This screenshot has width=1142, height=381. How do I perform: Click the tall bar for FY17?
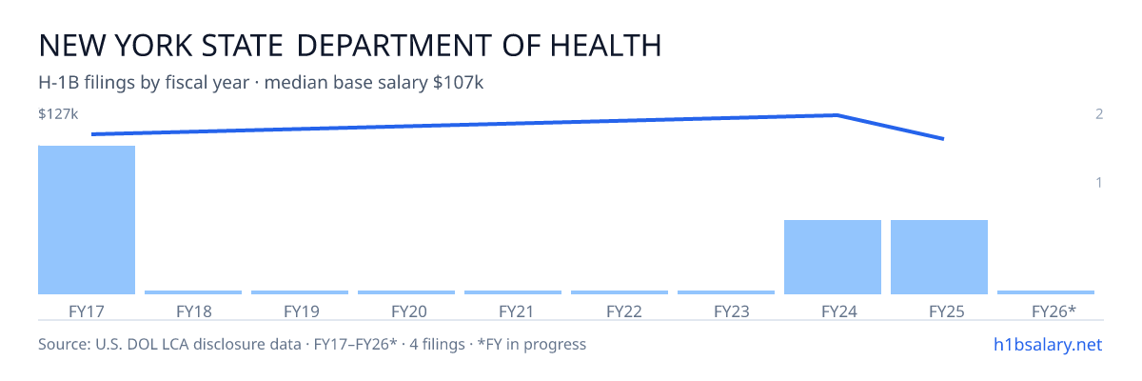pyautogui.click(x=87, y=220)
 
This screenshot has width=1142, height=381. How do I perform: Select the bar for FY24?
pyautogui.click(x=833, y=257)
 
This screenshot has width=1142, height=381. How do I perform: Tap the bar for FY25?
pyautogui.click(x=939, y=257)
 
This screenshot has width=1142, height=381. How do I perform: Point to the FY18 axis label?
pyautogui.click(x=194, y=311)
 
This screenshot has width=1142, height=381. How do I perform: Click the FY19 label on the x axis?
pyautogui.click(x=302, y=311)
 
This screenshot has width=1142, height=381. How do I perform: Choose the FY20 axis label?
pyautogui.click(x=409, y=311)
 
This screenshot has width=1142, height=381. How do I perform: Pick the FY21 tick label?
pyautogui.click(x=516, y=311)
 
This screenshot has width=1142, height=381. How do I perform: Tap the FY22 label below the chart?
pyautogui.click(x=624, y=311)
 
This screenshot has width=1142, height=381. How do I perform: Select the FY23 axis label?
pyautogui.click(x=732, y=311)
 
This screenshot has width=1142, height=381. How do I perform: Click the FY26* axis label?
pyautogui.click(x=1053, y=311)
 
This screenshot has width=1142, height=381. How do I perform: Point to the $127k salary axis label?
pyautogui.click(x=58, y=113)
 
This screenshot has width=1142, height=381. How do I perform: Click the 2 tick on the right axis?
pyautogui.click(x=1099, y=113)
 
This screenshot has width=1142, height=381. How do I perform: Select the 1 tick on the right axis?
pyautogui.click(x=1099, y=182)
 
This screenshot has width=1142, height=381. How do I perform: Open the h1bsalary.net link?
pyautogui.click(x=1048, y=345)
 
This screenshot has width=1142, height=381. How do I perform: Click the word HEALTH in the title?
pyautogui.click(x=605, y=46)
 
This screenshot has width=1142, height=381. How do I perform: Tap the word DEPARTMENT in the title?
pyautogui.click(x=394, y=46)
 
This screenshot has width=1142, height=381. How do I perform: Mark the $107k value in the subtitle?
pyautogui.click(x=458, y=82)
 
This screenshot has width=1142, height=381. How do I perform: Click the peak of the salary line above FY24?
pyautogui.click(x=837, y=114)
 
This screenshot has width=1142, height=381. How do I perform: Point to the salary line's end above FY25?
pyautogui.click(x=943, y=138)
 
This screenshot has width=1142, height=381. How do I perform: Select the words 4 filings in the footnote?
pyautogui.click(x=438, y=345)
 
